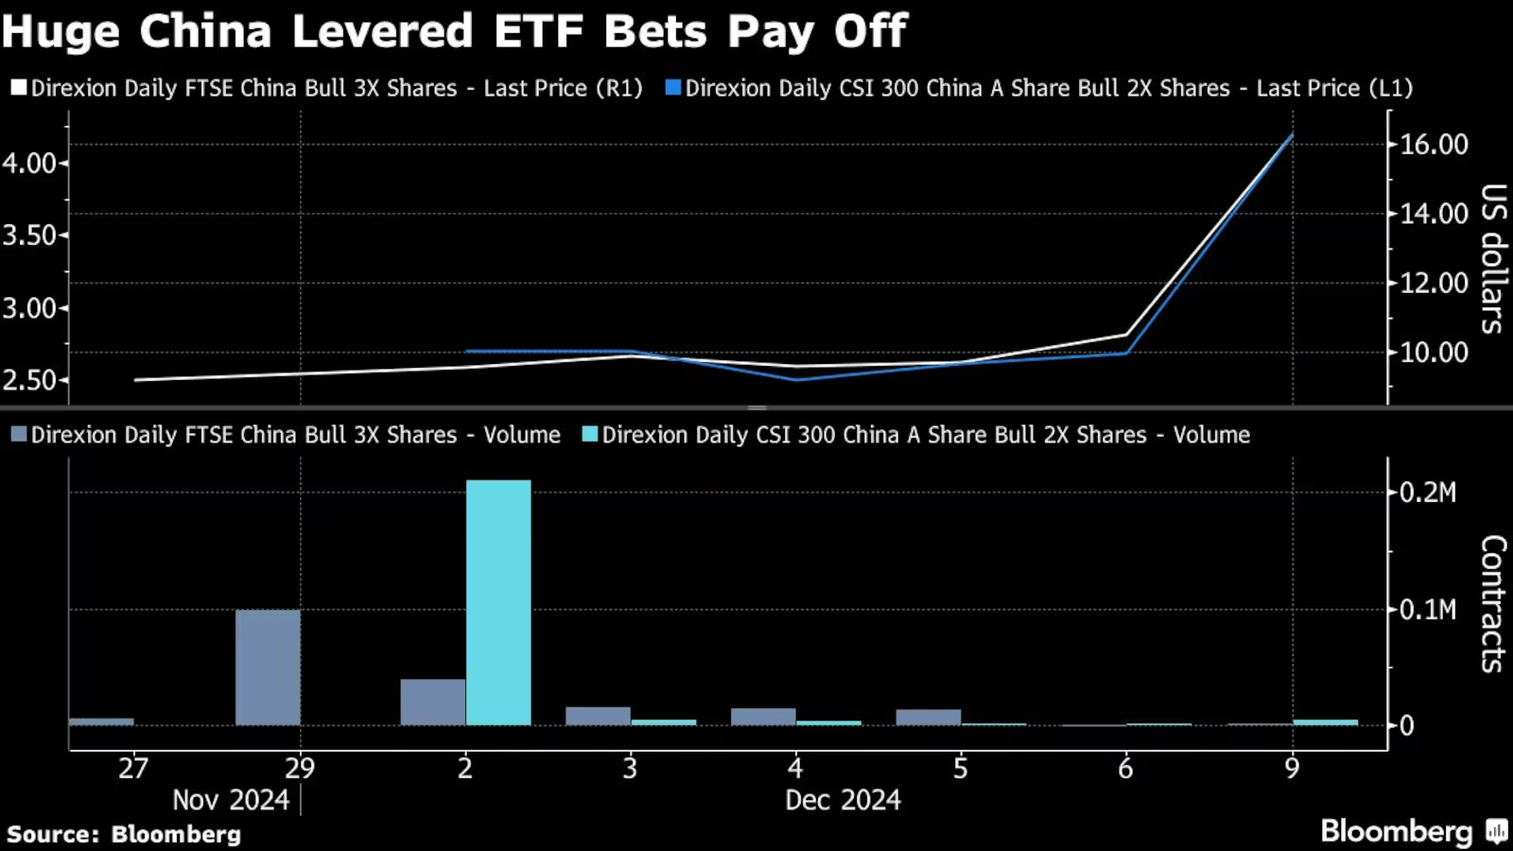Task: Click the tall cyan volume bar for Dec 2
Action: pos(498,602)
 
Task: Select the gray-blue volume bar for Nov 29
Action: pos(268,668)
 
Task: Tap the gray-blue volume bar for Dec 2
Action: pos(433,702)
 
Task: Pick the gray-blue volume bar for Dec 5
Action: pos(929,718)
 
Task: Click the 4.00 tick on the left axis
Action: pos(28,164)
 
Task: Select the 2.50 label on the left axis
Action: pos(28,380)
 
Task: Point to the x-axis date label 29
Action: pos(300,768)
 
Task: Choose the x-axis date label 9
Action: pos(1292,768)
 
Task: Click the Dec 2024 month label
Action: pos(843,800)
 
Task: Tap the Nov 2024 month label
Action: pos(231,800)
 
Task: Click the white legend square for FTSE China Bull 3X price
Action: pos(18,88)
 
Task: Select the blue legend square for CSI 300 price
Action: pos(673,88)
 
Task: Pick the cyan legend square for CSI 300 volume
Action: pos(590,435)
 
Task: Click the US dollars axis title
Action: pos(1492,258)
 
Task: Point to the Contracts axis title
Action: pos(1492,603)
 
